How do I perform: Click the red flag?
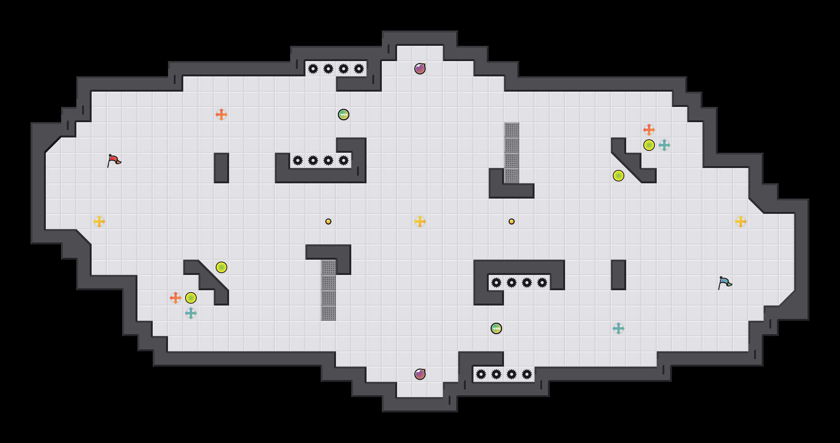tap(114, 160)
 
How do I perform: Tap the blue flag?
tap(725, 283)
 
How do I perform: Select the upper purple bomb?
tap(420, 69)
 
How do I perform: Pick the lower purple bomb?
tap(420, 374)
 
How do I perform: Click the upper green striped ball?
tap(344, 115)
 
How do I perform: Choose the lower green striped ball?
tap(496, 328)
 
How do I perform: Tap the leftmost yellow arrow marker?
tap(99, 221)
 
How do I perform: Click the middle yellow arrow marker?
tap(420, 221)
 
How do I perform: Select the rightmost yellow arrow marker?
tap(741, 221)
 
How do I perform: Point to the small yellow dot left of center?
tap(328, 221)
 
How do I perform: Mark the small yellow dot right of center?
tap(512, 221)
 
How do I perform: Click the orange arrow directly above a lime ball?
tap(649, 130)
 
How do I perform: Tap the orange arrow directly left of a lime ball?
tap(176, 298)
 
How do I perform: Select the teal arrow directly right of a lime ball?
tap(664, 145)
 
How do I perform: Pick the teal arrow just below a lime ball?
tap(191, 313)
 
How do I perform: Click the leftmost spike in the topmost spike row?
tap(313, 69)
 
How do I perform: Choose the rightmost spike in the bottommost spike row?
tap(527, 374)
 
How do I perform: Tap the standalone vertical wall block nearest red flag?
tap(221, 168)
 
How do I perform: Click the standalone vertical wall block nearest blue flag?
tap(619, 275)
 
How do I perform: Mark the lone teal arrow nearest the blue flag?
tap(619, 328)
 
